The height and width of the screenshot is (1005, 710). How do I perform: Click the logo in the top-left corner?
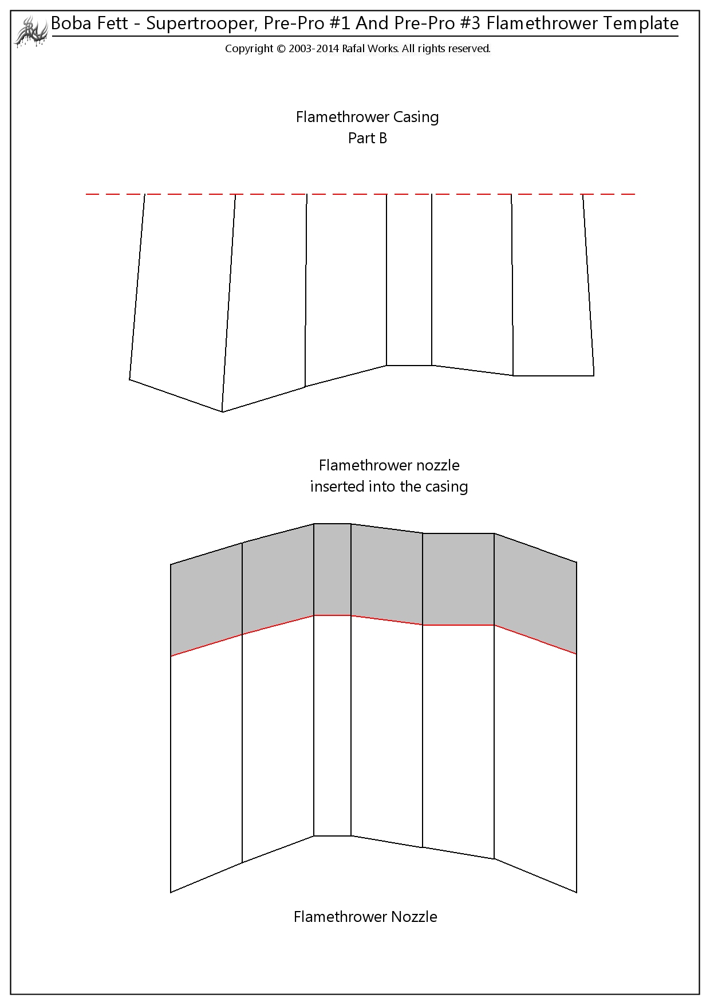[30, 31]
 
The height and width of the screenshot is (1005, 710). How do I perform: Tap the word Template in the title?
[640, 23]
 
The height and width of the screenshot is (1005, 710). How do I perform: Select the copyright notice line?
[358, 49]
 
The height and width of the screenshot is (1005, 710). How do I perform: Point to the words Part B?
[368, 138]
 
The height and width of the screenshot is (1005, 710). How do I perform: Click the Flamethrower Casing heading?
[368, 117]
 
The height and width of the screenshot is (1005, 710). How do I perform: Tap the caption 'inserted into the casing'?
[389, 486]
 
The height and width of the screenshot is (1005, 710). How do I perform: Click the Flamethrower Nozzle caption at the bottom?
[365, 917]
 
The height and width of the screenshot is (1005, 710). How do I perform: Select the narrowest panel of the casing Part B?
[409, 280]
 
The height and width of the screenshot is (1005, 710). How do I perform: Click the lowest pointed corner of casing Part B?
[222, 411]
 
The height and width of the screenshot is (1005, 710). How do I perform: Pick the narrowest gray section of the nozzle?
[333, 570]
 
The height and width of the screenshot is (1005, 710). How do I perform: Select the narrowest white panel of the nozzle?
[333, 725]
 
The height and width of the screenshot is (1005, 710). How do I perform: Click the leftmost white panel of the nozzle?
[207, 763]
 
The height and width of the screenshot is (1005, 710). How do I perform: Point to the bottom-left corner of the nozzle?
[171, 892]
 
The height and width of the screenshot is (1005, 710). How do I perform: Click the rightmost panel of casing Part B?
[553, 285]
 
